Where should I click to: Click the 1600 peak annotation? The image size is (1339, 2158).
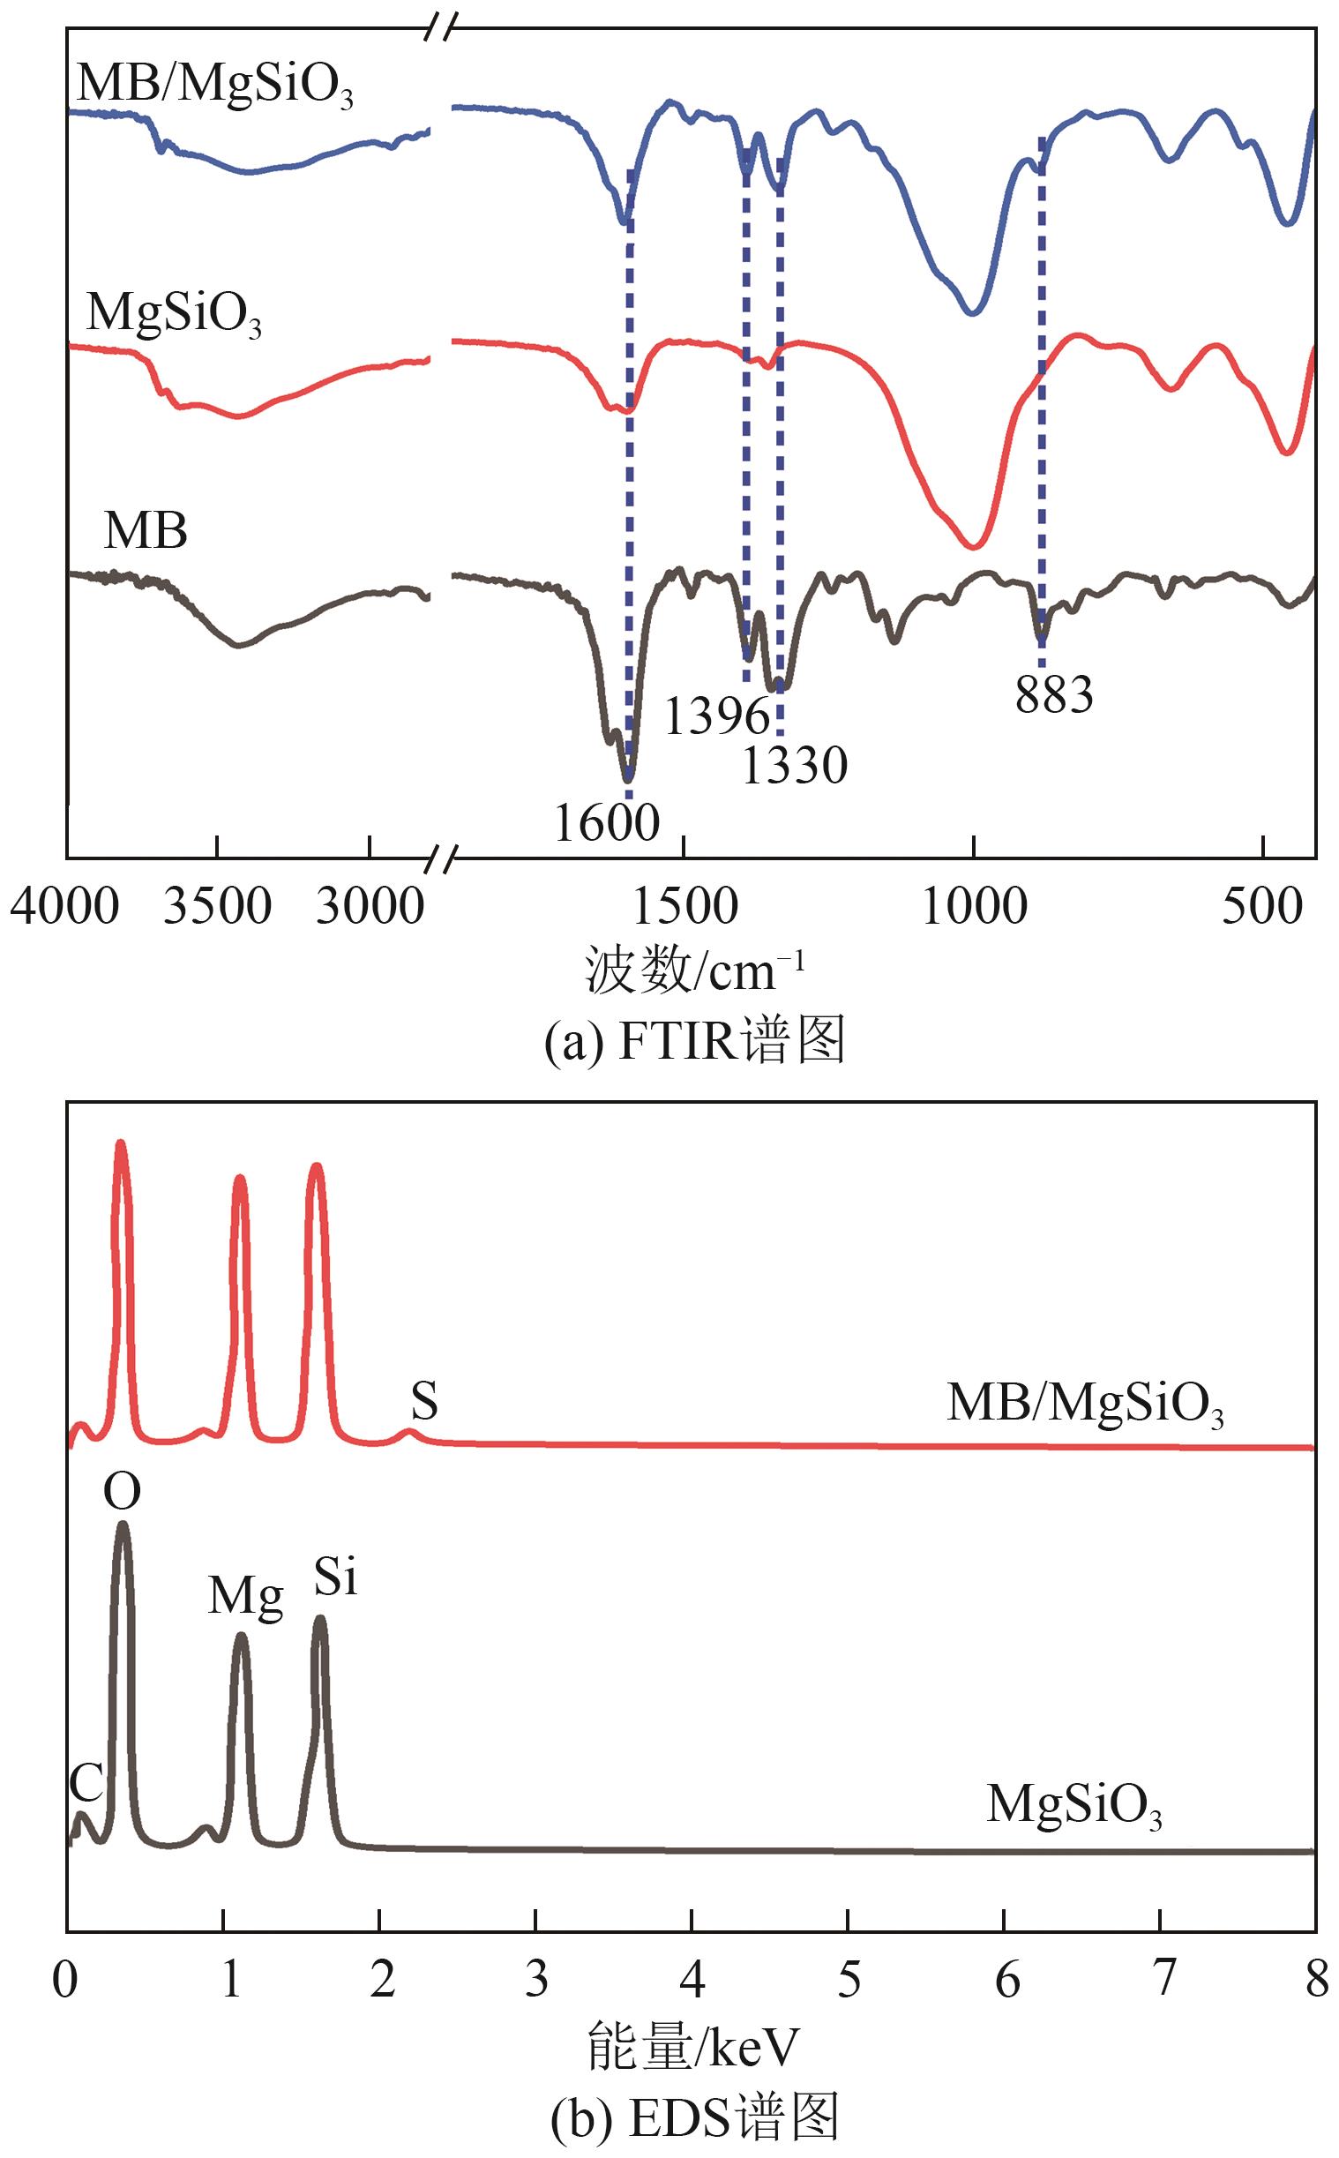608,822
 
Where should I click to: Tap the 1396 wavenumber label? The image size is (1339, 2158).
717,716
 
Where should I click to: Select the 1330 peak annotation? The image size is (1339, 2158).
795,765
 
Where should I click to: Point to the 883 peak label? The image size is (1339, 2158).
1054,694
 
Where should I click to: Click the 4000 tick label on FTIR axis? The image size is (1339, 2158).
64,908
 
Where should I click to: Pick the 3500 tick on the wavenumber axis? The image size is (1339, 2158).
217,908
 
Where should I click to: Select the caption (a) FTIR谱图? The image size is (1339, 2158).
694,1041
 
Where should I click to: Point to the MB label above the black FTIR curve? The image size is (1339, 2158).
146,531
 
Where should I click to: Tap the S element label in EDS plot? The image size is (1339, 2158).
424,1402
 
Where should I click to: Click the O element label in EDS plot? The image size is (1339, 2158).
123,1492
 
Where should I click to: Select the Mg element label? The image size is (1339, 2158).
245,1595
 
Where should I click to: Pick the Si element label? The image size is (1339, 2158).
336,1577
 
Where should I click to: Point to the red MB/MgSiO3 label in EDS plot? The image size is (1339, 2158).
1085,1404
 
